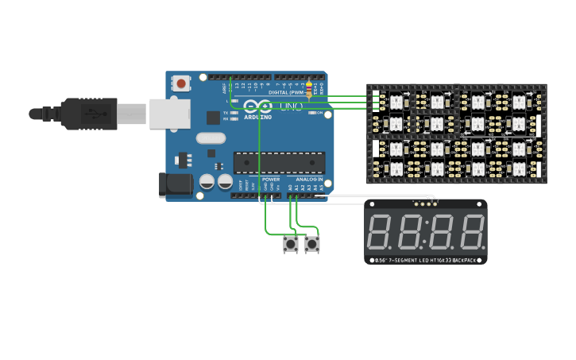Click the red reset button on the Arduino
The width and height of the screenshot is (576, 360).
pyautogui.click(x=182, y=83)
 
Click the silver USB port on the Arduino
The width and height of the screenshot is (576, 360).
pyautogui.click(x=170, y=114)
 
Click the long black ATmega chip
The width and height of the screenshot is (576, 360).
pyautogui.click(x=279, y=163)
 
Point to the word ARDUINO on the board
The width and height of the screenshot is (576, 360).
pyautogui.click(x=257, y=117)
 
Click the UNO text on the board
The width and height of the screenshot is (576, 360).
pyautogui.click(x=291, y=106)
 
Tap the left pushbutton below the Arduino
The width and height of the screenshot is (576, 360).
pyautogui.click(x=291, y=244)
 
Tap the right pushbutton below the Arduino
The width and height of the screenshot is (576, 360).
pyautogui.click(x=312, y=244)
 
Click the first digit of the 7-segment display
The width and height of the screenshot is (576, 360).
pyautogui.click(x=378, y=232)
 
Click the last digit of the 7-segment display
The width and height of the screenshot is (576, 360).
pyautogui.click(x=472, y=232)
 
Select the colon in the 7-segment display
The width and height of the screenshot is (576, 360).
pyautogui.click(x=426, y=232)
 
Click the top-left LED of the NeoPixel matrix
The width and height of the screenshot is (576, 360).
pyautogui.click(x=396, y=102)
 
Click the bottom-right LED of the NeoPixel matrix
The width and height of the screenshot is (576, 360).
pyautogui.click(x=519, y=168)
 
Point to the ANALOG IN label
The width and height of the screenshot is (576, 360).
pyautogui.click(x=309, y=180)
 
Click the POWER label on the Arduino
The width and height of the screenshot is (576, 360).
pyautogui.click(x=271, y=180)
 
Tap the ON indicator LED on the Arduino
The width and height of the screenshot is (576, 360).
pyautogui.click(x=311, y=113)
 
